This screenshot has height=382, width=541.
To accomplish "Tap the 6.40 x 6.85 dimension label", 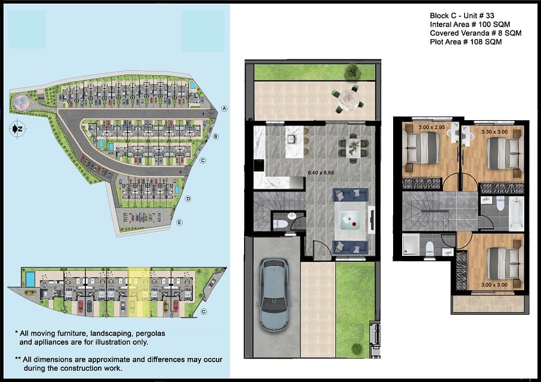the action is (321, 173).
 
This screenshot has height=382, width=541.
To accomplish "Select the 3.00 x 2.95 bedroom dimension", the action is (432, 127).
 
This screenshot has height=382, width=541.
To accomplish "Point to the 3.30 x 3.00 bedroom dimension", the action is (495, 132).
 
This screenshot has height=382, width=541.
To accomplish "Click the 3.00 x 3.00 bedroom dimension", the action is (494, 285).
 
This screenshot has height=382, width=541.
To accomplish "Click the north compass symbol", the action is (17, 129).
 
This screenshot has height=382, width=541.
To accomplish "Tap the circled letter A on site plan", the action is (224, 109).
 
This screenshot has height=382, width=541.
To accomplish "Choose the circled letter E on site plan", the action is (179, 222).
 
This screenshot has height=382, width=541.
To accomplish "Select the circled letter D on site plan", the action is (188, 199).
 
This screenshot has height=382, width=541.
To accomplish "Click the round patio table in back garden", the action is (349, 100).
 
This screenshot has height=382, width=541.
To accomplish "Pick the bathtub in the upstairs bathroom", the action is (516, 213).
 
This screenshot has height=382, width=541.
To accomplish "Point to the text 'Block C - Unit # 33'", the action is (462, 16).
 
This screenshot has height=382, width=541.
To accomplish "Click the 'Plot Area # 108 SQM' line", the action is (466, 41).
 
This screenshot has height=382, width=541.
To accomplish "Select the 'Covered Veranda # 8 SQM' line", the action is (475, 33).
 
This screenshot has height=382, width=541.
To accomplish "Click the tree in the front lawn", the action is (356, 349).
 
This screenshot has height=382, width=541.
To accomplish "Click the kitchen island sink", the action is (293, 139).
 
